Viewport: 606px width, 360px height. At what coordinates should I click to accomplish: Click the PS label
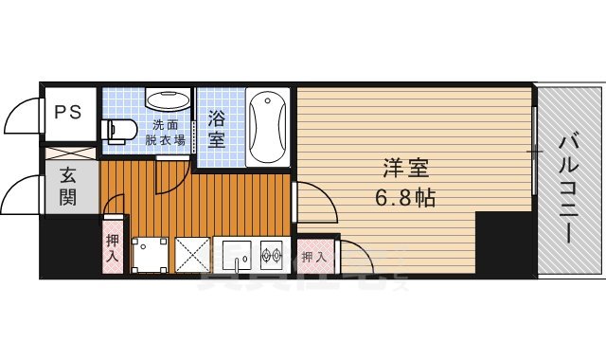66,111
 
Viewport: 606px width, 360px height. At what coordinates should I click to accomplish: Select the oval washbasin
169,100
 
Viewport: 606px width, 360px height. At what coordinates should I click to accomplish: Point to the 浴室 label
217,128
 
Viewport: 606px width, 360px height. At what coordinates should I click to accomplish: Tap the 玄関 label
69,186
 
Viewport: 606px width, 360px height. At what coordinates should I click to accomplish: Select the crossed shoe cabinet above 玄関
70,154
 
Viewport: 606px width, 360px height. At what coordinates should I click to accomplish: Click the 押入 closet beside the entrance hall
113,247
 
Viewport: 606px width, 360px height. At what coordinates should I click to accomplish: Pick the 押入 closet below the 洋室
313,256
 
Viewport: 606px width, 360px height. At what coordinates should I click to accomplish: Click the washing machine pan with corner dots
151,254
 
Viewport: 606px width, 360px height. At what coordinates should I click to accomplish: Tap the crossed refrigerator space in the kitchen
192,254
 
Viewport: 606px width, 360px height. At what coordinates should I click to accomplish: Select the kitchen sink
234,254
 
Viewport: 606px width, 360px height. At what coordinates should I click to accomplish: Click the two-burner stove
272,254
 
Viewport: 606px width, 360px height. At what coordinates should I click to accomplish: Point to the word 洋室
406,171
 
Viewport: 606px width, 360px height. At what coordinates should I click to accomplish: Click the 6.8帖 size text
406,200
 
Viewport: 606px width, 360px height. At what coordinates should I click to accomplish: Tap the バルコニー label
568,189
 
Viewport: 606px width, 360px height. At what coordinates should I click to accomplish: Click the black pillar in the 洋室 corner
504,243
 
